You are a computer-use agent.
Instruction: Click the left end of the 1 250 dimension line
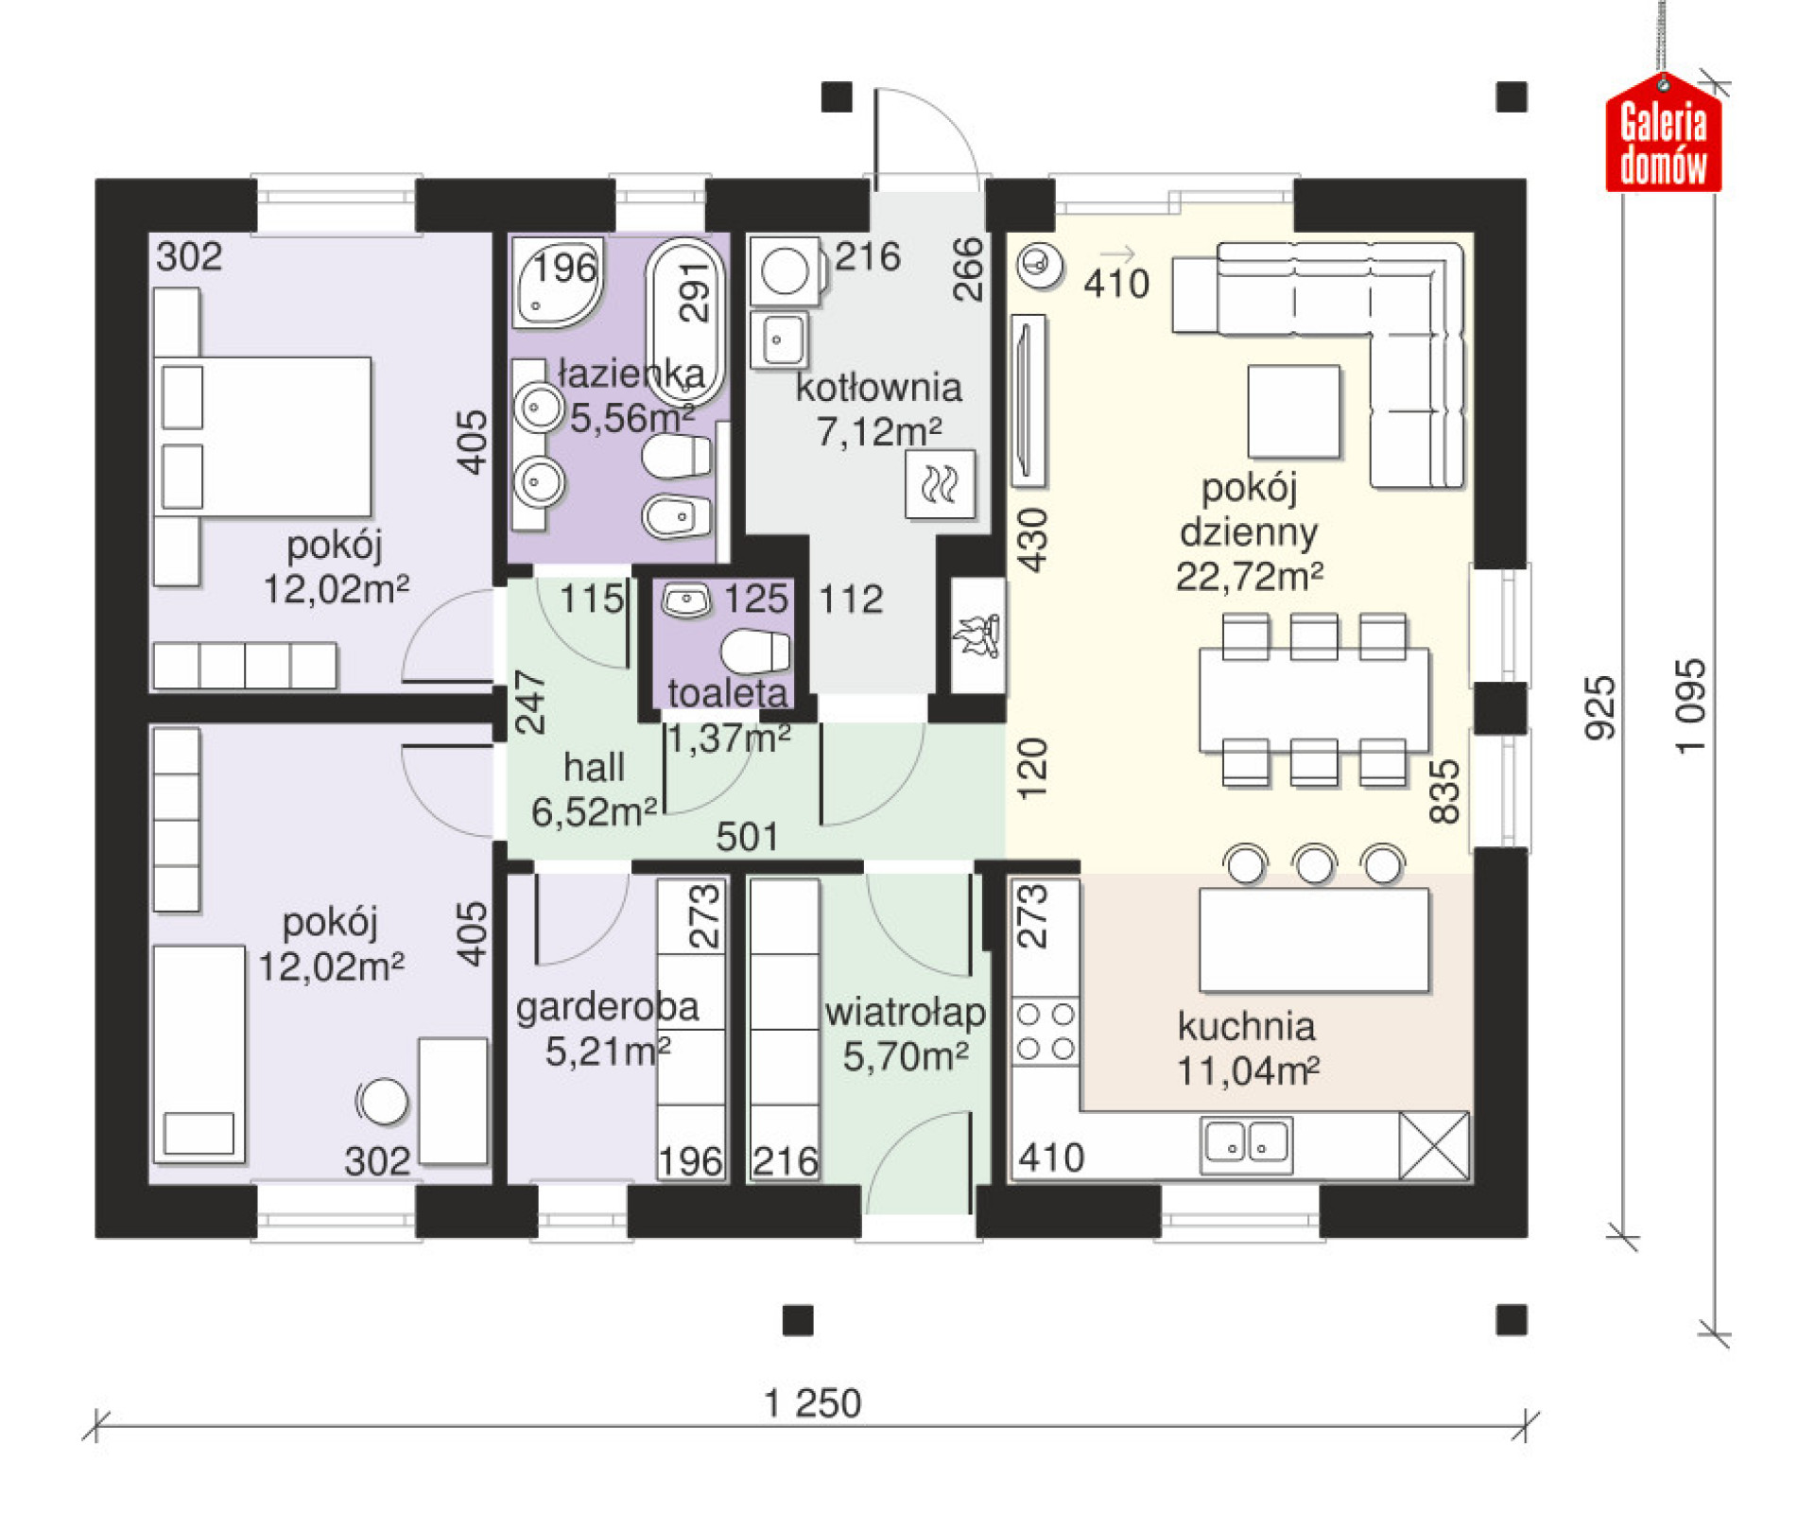click(96, 1425)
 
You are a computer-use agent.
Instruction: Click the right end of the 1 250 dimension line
click(1526, 1425)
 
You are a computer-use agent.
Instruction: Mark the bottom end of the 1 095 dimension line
click(1714, 1334)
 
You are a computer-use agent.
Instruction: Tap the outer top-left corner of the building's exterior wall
click(95, 179)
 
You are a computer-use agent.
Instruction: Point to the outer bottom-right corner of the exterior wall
click(1527, 1238)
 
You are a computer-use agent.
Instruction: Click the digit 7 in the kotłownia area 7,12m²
click(827, 433)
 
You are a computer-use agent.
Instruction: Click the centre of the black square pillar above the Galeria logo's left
click(1512, 97)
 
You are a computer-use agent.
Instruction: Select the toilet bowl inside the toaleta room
click(755, 652)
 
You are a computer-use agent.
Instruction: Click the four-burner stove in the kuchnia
click(1046, 1031)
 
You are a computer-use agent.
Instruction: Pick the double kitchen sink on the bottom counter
click(1247, 1144)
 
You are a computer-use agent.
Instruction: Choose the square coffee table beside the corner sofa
click(1293, 411)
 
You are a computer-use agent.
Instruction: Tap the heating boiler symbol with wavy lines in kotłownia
click(940, 484)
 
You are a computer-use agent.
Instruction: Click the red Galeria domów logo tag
click(1664, 134)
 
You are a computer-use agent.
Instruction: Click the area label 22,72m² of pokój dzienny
click(1249, 575)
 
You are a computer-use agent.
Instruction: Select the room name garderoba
click(607, 1008)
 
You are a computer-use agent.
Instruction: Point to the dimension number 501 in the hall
click(747, 837)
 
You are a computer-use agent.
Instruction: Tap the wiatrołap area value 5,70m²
click(906, 1056)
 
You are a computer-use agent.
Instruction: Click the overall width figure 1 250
click(813, 1403)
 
